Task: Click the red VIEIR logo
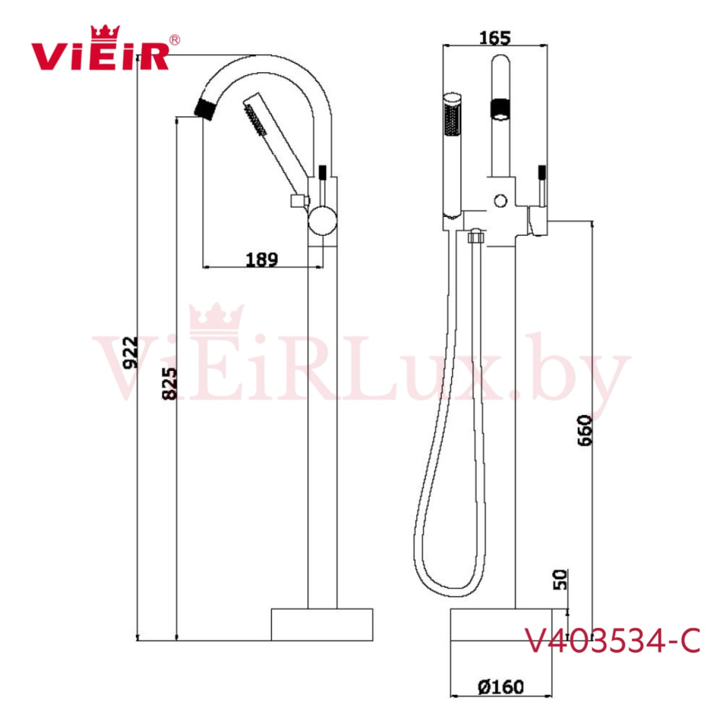(x=100, y=52)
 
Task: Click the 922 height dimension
(x=131, y=352)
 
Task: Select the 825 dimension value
(x=169, y=384)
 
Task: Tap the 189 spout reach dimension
(x=262, y=259)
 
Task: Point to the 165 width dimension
(x=495, y=38)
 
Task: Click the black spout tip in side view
(x=205, y=108)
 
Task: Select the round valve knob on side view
(x=322, y=221)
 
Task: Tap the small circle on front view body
(x=500, y=201)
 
